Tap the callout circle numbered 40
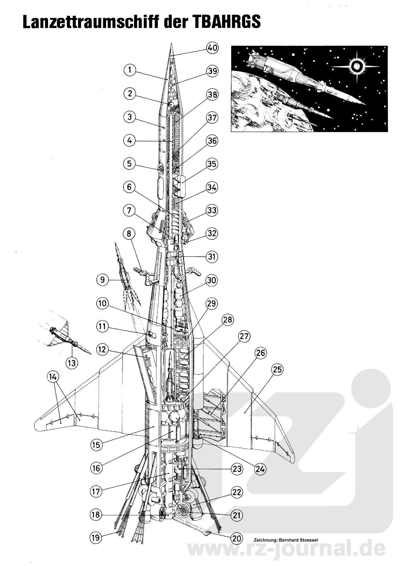(x=212, y=48)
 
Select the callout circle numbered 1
(x=130, y=70)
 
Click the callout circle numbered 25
(x=277, y=369)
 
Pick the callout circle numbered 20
(x=237, y=538)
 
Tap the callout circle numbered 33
(x=212, y=210)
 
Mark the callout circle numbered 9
(x=103, y=279)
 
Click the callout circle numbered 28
(x=228, y=320)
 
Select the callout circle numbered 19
(x=96, y=537)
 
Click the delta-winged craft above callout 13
(x=64, y=337)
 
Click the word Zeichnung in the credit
(x=263, y=540)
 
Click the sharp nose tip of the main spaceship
(x=171, y=44)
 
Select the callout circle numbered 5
(x=130, y=164)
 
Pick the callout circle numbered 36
(x=212, y=141)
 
